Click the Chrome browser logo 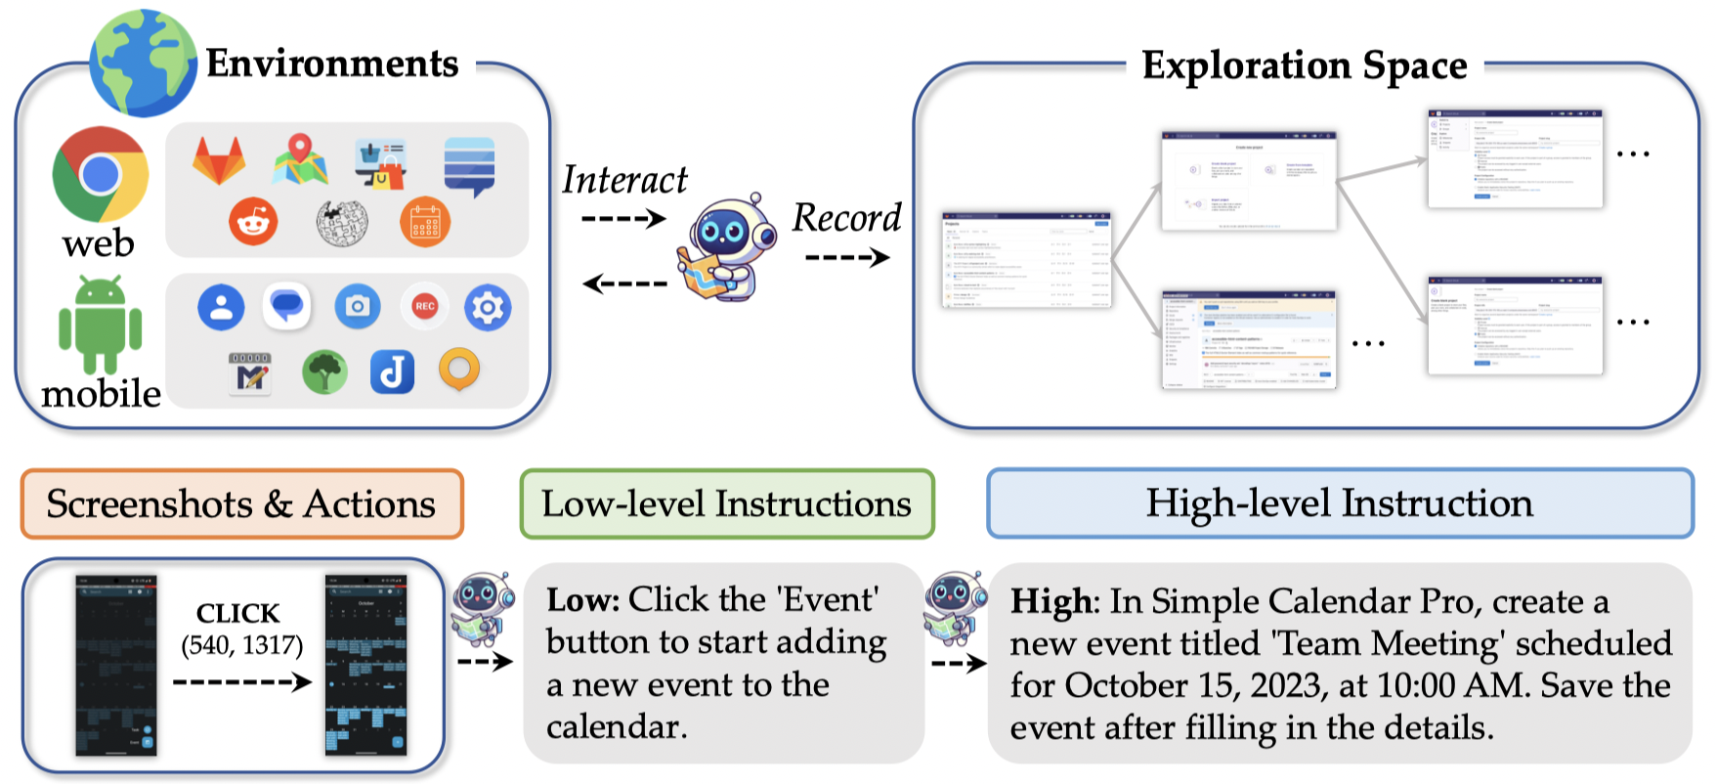[100, 174]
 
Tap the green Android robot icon [100, 325]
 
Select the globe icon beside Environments [143, 64]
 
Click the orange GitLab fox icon [219, 160]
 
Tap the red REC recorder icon [424, 306]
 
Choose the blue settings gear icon [487, 308]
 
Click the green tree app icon [324, 372]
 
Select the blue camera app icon [358, 307]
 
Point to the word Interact [624, 180]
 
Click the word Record [846, 218]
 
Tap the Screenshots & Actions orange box [241, 504]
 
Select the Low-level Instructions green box [726, 504]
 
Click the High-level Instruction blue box [1339, 503]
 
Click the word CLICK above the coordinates [237, 614]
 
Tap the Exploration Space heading [1304, 66]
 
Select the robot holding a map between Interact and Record [723, 248]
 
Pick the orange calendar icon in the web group [424, 222]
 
